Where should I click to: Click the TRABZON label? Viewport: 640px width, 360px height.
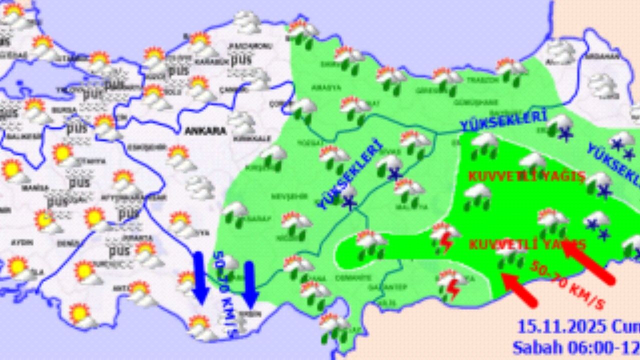coord(483,79)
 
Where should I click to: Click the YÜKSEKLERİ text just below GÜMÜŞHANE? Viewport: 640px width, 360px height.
coord(502,122)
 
